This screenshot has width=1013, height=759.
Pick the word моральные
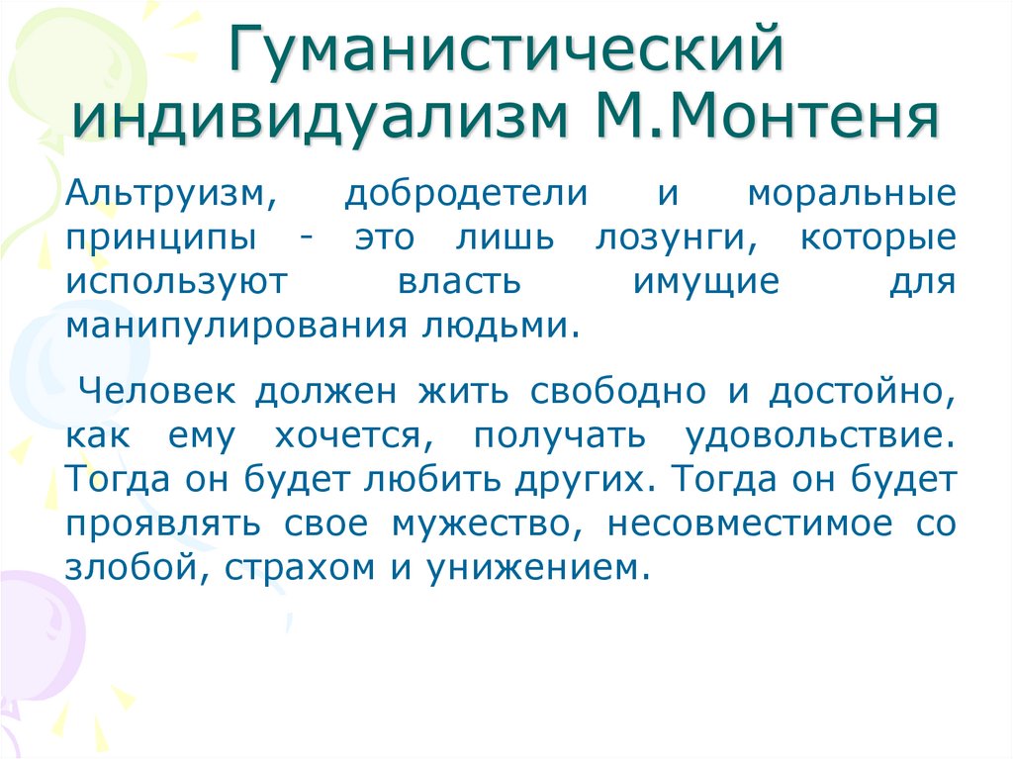[x=852, y=194]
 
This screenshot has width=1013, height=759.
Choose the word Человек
[x=157, y=391]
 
